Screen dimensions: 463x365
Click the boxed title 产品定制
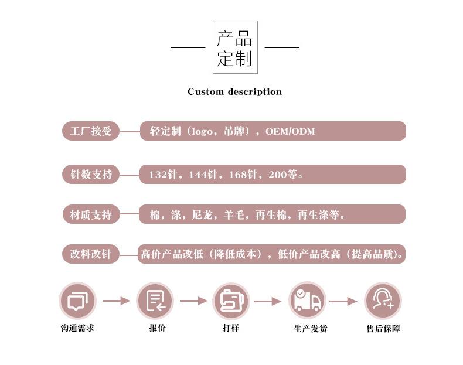point(235,47)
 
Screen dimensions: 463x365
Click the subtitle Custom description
point(235,91)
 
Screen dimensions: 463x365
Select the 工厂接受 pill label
point(91,131)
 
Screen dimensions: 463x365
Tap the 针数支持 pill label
point(91,175)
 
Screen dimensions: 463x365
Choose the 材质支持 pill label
point(91,214)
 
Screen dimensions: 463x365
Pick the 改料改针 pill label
point(91,254)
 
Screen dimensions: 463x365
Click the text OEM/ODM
point(290,131)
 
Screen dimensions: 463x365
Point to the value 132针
point(163,175)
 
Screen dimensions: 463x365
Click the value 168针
point(243,175)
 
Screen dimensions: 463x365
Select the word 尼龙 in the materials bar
point(202,214)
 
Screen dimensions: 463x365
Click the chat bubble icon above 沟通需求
point(78,301)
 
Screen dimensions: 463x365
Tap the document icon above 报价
point(155,301)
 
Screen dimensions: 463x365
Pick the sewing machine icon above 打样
point(231,301)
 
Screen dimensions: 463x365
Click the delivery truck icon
point(307,301)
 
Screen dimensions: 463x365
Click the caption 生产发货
point(311,328)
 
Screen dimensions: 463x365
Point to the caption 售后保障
point(383,328)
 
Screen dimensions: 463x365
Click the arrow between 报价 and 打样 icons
point(194,301)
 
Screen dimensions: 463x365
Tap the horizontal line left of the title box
point(188,47)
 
